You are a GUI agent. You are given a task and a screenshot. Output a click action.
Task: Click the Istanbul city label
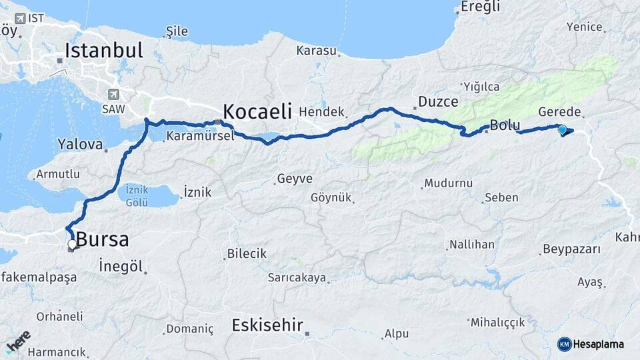(104, 50)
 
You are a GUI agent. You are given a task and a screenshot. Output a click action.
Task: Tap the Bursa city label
(102, 240)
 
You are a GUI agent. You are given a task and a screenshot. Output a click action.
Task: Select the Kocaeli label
(257, 111)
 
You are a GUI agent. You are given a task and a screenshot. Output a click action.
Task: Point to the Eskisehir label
(267, 325)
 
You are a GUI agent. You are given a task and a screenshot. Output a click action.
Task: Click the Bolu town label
(505, 125)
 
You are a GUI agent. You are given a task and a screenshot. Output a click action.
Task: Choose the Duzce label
(438, 102)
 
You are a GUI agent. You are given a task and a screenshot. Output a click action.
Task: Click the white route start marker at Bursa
(72, 245)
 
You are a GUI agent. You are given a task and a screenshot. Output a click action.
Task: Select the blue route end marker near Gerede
(563, 130)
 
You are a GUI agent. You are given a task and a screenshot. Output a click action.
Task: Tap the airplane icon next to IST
(20, 18)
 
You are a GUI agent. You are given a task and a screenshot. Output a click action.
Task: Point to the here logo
(18, 342)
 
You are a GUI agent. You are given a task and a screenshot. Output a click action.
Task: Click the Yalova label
(80, 144)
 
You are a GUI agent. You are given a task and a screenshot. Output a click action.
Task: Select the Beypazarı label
(571, 249)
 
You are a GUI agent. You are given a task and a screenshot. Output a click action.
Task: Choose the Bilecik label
(247, 254)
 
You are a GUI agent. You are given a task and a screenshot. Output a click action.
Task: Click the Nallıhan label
(472, 245)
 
